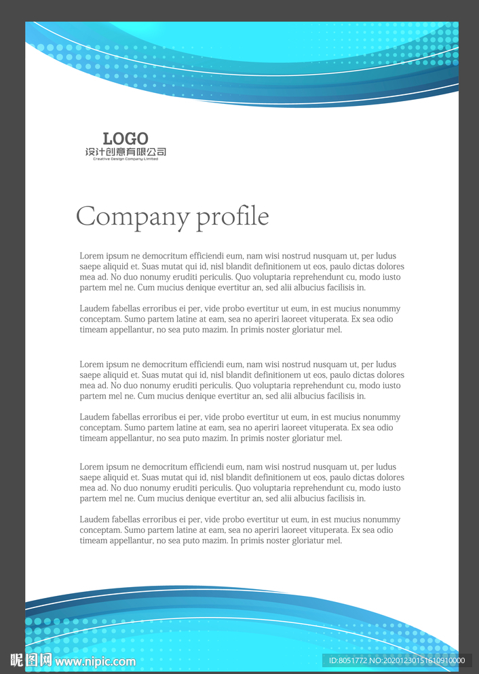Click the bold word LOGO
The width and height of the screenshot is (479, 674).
(126, 139)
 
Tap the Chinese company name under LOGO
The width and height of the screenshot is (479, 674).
(126, 152)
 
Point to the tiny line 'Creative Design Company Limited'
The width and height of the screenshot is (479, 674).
(126, 159)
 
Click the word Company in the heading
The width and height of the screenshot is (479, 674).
(132, 217)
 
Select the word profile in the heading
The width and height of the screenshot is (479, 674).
(233, 217)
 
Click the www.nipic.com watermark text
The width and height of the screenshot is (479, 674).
(95, 661)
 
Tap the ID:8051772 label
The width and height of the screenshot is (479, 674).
(347, 660)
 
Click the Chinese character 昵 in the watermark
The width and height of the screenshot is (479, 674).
(18, 660)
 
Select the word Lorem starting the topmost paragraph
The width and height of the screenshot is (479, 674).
(92, 256)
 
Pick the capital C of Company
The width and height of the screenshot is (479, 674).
(85, 217)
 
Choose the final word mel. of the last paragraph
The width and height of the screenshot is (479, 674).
(334, 541)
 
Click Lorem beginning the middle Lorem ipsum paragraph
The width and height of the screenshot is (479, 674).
(92, 364)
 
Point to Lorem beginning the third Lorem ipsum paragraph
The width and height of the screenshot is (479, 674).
(92, 467)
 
